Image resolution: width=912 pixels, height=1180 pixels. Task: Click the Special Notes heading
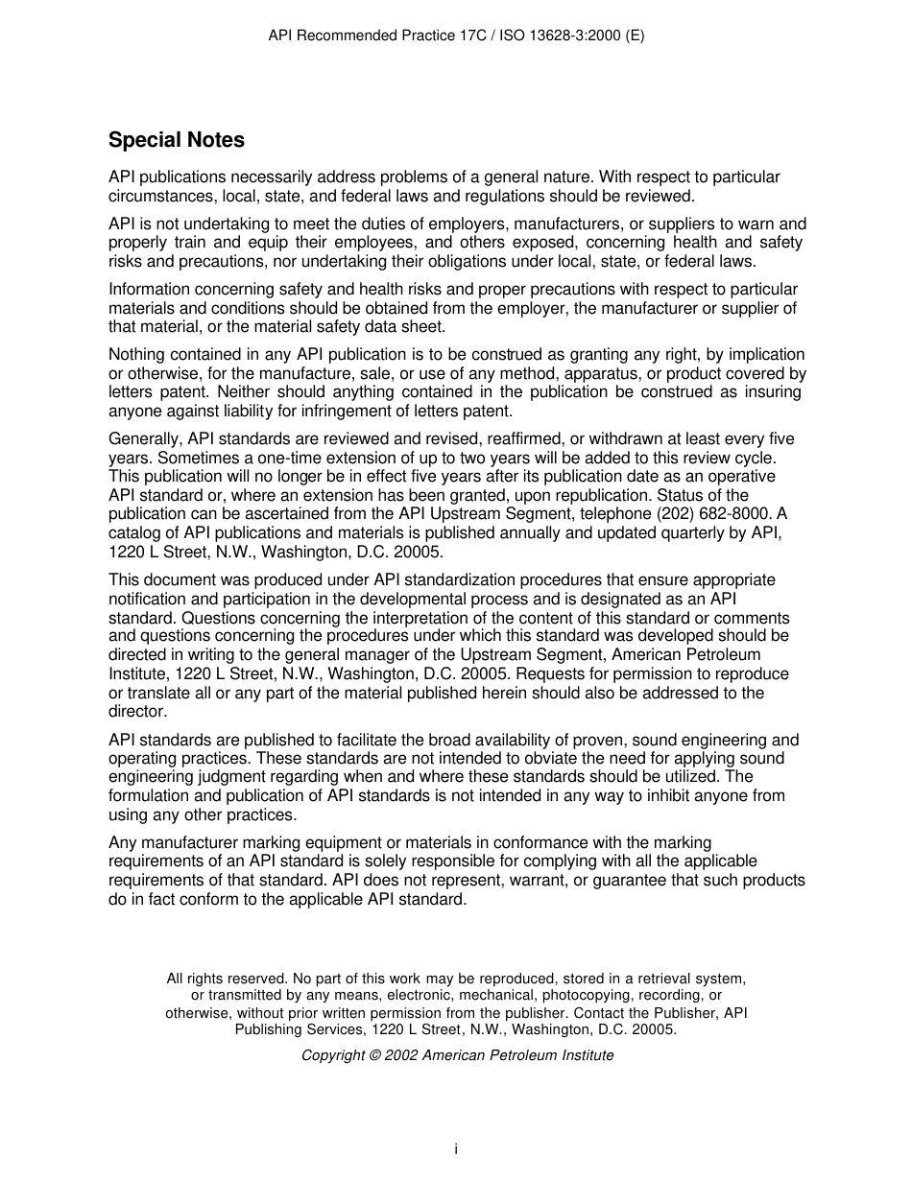(176, 140)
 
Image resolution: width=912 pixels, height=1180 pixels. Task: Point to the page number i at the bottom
(456, 1148)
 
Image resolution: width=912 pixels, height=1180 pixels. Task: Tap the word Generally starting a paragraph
(145, 439)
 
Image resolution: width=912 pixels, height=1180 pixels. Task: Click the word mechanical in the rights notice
(481, 996)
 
